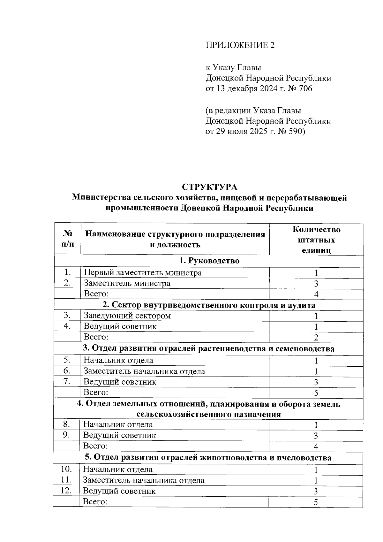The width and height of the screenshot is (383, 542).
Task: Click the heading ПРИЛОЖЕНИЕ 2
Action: point(240,45)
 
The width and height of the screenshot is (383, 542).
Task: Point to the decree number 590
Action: point(297,132)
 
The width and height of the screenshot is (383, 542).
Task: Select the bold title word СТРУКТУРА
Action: point(209,187)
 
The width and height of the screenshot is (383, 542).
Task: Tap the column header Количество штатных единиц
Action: point(316,240)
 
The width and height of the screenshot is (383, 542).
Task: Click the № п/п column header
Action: point(67,239)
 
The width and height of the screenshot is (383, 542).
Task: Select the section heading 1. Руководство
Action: point(209,261)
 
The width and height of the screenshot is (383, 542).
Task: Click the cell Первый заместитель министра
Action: point(143,273)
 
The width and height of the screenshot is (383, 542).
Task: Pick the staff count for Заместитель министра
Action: point(316,284)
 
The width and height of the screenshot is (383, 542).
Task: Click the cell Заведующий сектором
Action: point(127,316)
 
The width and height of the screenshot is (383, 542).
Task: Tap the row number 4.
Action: point(67,326)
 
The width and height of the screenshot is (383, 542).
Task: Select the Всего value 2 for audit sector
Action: point(316,337)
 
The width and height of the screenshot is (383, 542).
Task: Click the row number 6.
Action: point(67,371)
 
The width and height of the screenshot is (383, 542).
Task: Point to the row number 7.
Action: point(67,382)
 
